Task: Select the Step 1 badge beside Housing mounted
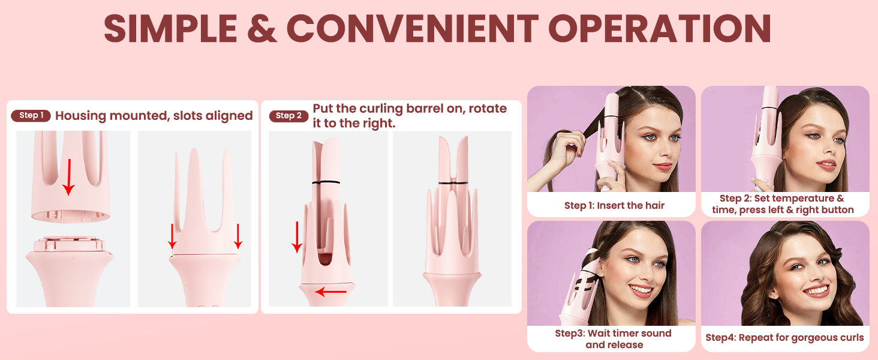(x=31, y=115)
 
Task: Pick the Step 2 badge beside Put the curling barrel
(x=289, y=116)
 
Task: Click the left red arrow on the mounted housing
(x=172, y=236)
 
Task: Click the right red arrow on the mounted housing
(x=238, y=236)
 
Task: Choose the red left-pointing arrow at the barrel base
(x=331, y=292)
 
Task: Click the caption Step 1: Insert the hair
(x=614, y=205)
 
